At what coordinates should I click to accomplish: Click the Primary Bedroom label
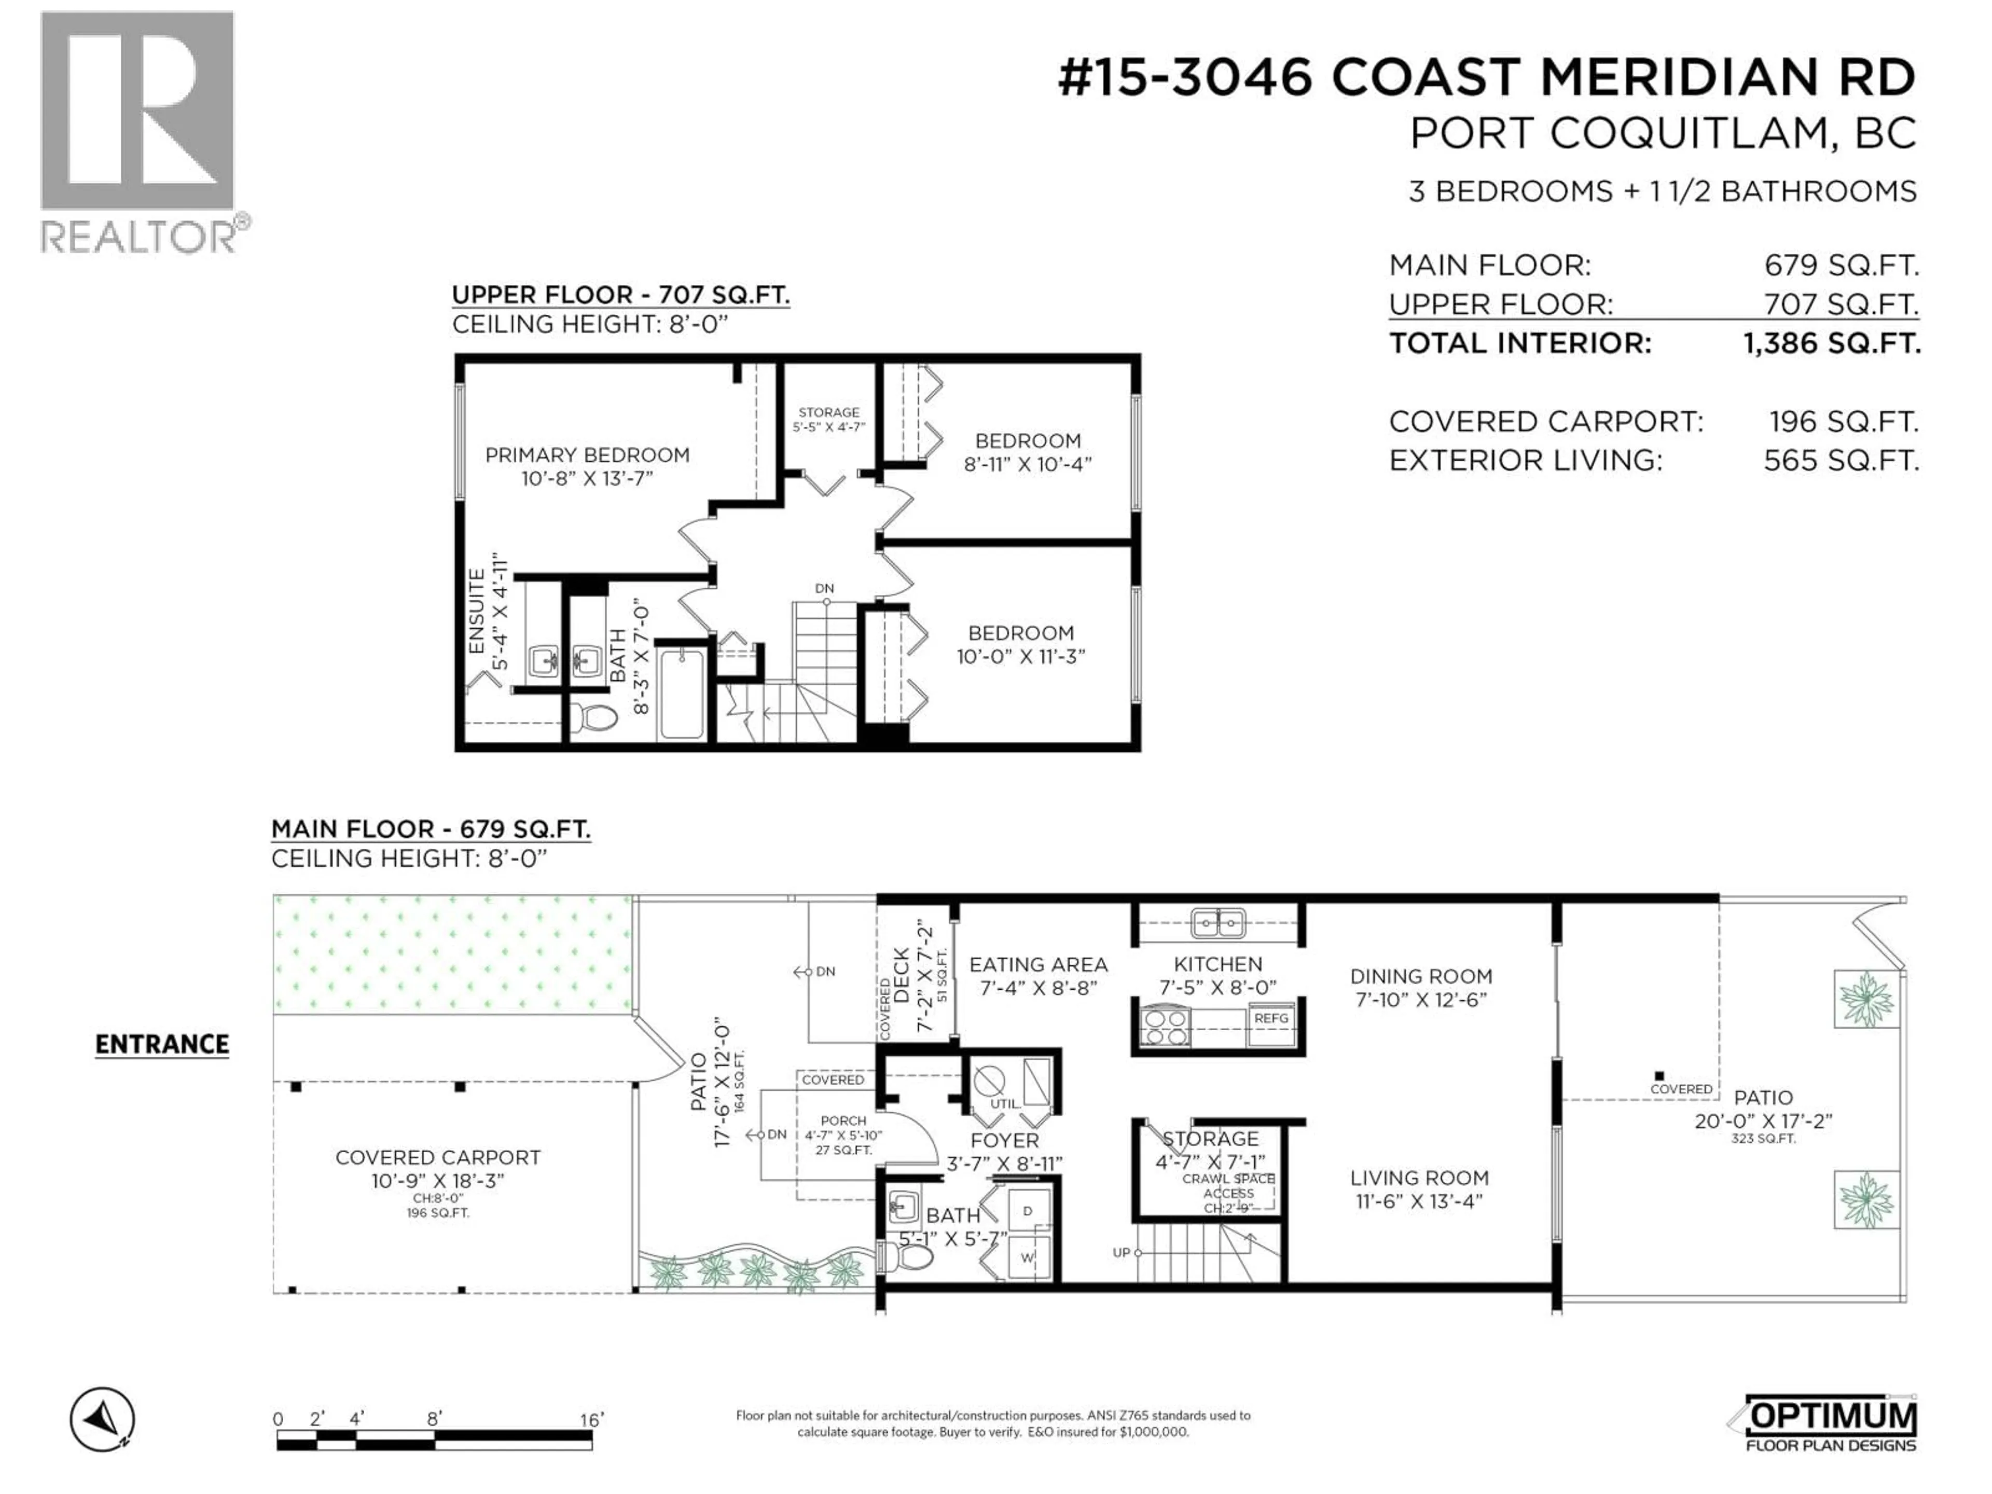(587, 455)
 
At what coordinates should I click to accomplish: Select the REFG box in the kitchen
(1270, 1018)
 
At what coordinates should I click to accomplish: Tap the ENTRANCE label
(162, 1045)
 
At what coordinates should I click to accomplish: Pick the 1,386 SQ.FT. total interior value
(1832, 343)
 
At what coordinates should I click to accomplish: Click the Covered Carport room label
(438, 1158)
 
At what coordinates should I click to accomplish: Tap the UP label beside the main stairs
(1120, 1253)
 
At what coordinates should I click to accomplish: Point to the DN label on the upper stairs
(824, 588)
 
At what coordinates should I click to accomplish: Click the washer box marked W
(1027, 1258)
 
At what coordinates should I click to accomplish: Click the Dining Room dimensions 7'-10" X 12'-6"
(1420, 1000)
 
